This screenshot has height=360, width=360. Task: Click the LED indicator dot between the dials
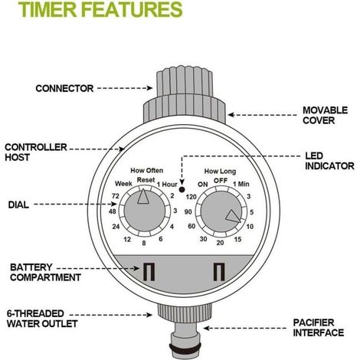click(x=182, y=190)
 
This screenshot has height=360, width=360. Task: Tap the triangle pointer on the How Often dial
click(x=143, y=197)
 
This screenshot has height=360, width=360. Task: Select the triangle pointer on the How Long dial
click(x=233, y=216)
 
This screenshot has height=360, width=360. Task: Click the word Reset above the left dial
click(x=146, y=180)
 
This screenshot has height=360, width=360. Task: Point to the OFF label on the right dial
click(x=221, y=181)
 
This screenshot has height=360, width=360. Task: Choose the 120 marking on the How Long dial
click(x=191, y=197)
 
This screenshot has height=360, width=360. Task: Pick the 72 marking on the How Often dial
click(x=116, y=196)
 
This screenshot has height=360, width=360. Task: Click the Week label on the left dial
click(x=123, y=184)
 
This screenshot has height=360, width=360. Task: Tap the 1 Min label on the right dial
click(x=241, y=184)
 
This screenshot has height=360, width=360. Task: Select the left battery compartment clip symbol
click(x=149, y=272)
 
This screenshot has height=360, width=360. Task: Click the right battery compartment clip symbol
click(x=219, y=272)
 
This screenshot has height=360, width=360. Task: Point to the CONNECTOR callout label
click(x=64, y=89)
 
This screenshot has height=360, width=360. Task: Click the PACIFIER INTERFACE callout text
click(x=319, y=328)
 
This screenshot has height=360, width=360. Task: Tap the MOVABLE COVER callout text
click(x=325, y=116)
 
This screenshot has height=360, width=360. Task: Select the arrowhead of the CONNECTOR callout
click(x=150, y=88)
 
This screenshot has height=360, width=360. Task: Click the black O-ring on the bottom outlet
click(x=185, y=347)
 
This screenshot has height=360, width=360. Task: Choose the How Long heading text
click(x=220, y=172)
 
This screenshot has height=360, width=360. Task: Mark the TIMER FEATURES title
click(x=100, y=9)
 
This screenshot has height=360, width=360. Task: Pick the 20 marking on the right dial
click(x=220, y=243)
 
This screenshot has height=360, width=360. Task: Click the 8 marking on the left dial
click(x=144, y=243)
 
